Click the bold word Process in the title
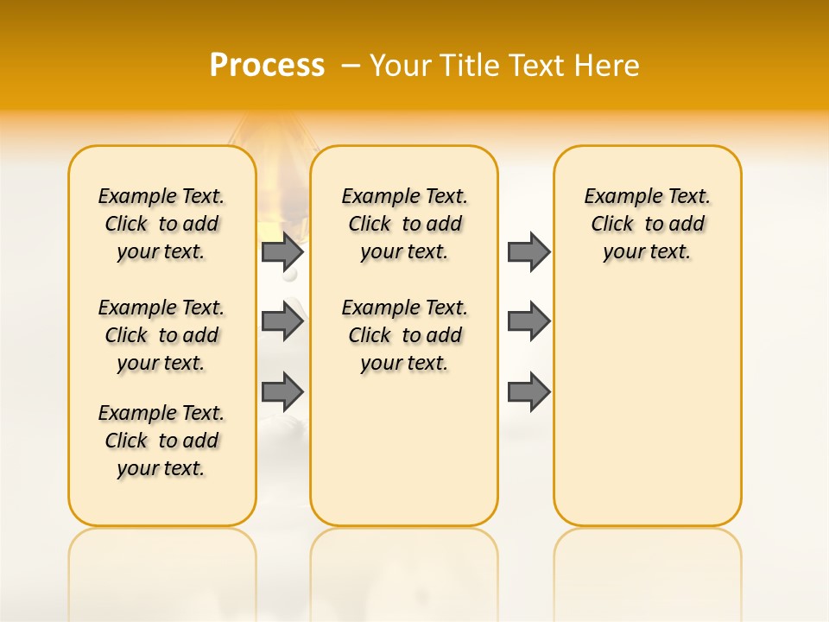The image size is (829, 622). pyautogui.click(x=267, y=66)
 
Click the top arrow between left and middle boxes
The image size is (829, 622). pyautogui.click(x=282, y=252)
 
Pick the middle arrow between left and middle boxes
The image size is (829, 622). pyautogui.click(x=282, y=321)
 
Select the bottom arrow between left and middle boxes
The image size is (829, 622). pyautogui.click(x=282, y=391)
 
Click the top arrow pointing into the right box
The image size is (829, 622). pyautogui.click(x=528, y=252)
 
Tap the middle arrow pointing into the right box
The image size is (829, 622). pyautogui.click(x=528, y=321)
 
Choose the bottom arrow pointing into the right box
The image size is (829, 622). pyautogui.click(x=528, y=391)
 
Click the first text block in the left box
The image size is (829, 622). pyautogui.click(x=161, y=224)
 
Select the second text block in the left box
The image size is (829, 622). pyautogui.click(x=161, y=335)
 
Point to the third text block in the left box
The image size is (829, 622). pyautogui.click(x=161, y=441)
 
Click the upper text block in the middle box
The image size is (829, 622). pyautogui.click(x=404, y=224)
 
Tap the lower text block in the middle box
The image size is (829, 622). pyautogui.click(x=404, y=335)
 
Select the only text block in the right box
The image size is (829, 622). pyautogui.click(x=647, y=224)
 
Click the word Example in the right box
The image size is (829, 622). pyautogui.click(x=616, y=197)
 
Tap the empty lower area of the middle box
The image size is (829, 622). pyautogui.click(x=404, y=449)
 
